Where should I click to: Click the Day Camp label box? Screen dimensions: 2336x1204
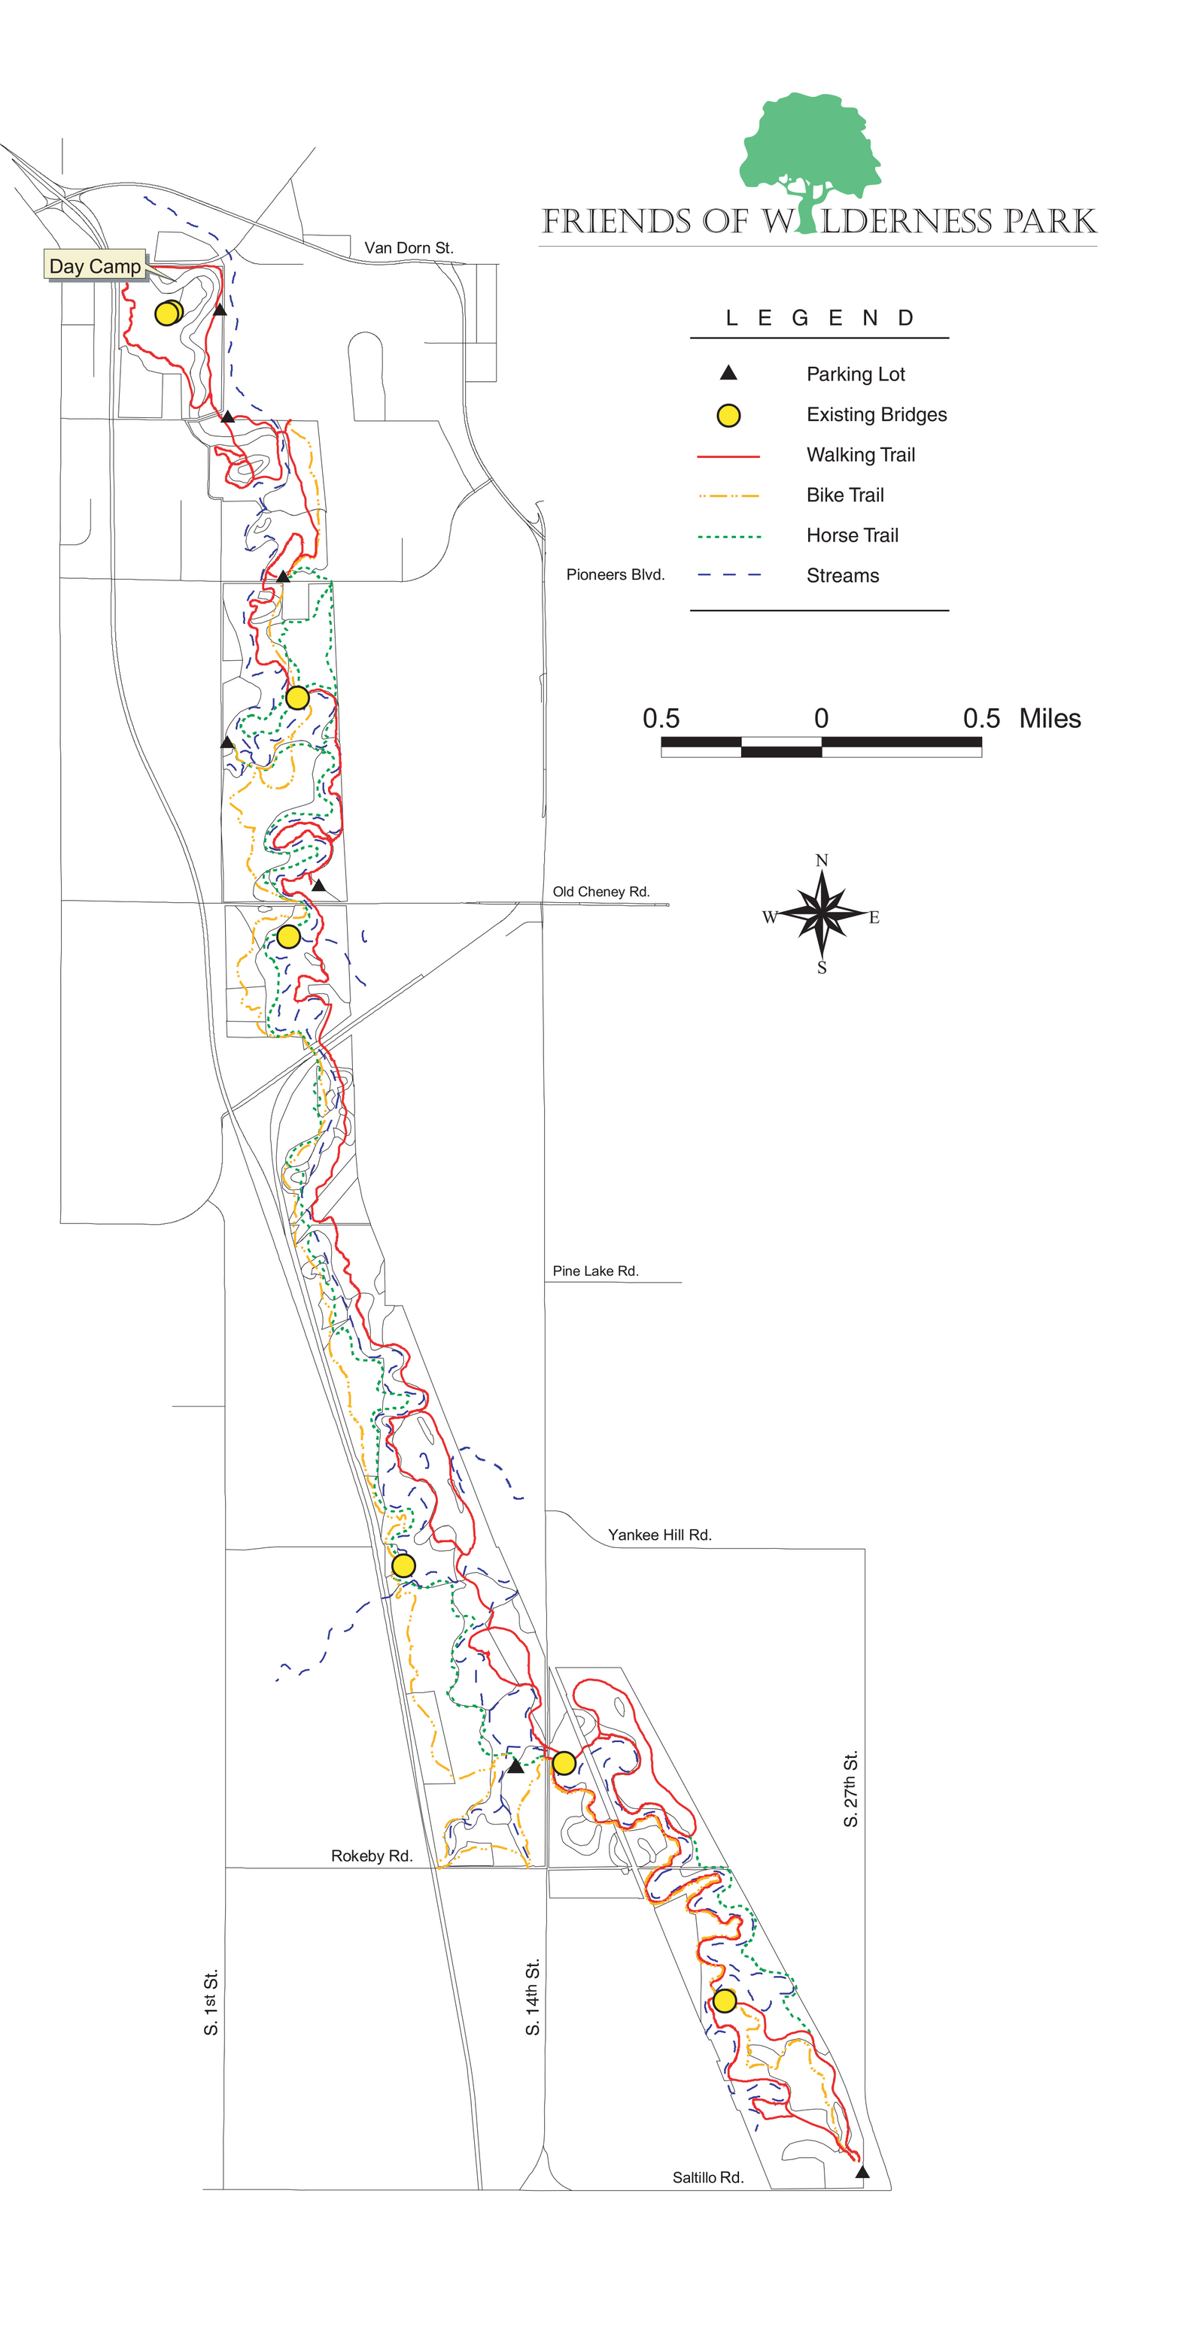click(96, 265)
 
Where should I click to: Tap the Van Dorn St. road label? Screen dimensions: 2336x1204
click(409, 247)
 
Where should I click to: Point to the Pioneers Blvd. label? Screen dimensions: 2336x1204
click(615, 574)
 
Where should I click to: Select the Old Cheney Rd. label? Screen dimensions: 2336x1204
click(600, 892)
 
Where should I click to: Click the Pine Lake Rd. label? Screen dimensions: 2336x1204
click(595, 1271)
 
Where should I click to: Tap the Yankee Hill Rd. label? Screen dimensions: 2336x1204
click(660, 1535)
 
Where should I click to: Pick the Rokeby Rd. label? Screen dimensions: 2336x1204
click(371, 1856)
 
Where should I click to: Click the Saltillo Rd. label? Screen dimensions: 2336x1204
click(707, 2177)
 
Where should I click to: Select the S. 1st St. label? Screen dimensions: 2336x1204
click(211, 2002)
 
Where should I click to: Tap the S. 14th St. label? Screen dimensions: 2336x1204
click(533, 1997)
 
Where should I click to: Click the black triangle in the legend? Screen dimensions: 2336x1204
click(728, 373)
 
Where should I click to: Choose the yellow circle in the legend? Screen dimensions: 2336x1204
click(728, 415)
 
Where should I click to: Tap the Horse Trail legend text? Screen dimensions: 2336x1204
click(852, 535)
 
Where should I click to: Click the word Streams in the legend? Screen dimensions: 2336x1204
click(842, 575)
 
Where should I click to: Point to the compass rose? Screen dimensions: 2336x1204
click(821, 913)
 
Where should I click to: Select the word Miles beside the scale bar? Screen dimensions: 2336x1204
click(1050, 718)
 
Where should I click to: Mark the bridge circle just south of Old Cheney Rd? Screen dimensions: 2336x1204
click(288, 936)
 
